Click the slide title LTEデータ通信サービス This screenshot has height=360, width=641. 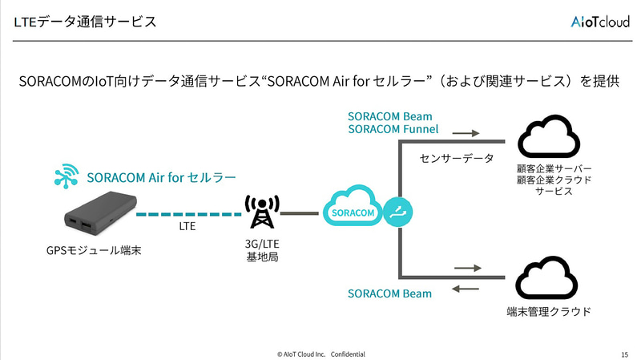(84, 22)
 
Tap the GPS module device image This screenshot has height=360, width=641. (95, 216)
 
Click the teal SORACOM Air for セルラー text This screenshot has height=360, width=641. (161, 177)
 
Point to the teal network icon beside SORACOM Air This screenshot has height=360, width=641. (65, 177)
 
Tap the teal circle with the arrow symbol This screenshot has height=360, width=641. (398, 212)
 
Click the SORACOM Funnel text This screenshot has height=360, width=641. (393, 129)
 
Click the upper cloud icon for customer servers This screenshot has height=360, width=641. (548, 137)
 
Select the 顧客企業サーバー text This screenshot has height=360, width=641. (554, 170)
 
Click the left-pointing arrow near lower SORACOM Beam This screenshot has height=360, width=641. (466, 288)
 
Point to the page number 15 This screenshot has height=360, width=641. (624, 354)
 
